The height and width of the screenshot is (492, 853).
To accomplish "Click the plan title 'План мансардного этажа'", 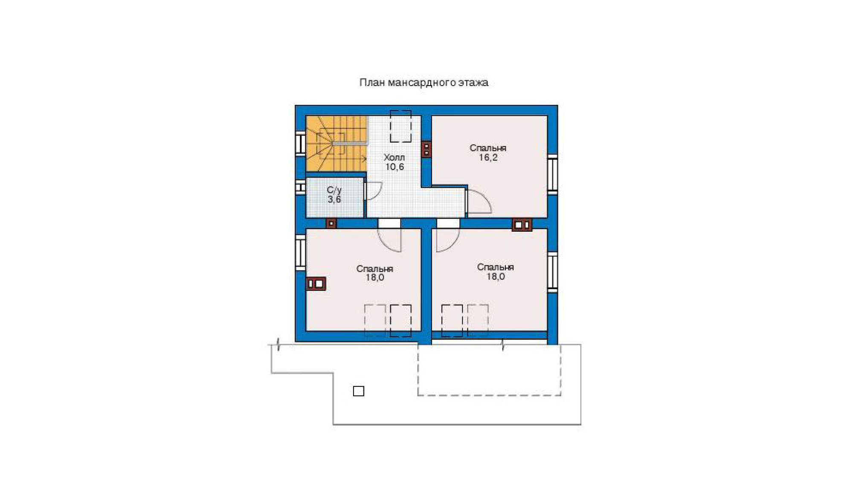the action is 424,83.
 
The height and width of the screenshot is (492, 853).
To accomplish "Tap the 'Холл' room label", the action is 394,157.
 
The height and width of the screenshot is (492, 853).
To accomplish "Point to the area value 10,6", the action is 395,167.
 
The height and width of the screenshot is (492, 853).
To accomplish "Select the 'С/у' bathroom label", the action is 334,190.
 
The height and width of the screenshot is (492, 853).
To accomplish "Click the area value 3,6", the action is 334,199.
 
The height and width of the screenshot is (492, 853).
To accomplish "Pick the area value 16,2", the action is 488,158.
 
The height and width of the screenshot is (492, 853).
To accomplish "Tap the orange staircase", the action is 336,144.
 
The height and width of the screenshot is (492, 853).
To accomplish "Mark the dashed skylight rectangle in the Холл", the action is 400,126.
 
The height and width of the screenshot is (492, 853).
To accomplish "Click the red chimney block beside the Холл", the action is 426,149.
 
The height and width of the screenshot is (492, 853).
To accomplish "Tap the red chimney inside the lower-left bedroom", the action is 316,284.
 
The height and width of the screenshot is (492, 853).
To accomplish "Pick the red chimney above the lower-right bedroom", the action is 522,224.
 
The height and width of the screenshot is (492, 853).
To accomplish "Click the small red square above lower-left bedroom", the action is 331,223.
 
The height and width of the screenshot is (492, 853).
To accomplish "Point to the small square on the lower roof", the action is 359,391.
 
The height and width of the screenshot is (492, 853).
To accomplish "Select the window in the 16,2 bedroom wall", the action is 552,174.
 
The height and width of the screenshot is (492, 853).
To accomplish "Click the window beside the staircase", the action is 300,143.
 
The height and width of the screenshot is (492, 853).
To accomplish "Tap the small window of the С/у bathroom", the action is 300,187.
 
